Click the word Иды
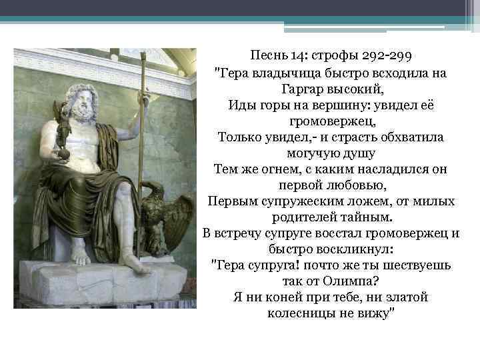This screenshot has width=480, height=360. click(241, 105)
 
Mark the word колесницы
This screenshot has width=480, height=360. click(299, 313)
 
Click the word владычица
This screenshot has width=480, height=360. click(282, 72)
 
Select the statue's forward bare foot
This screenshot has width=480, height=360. click(133, 260)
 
